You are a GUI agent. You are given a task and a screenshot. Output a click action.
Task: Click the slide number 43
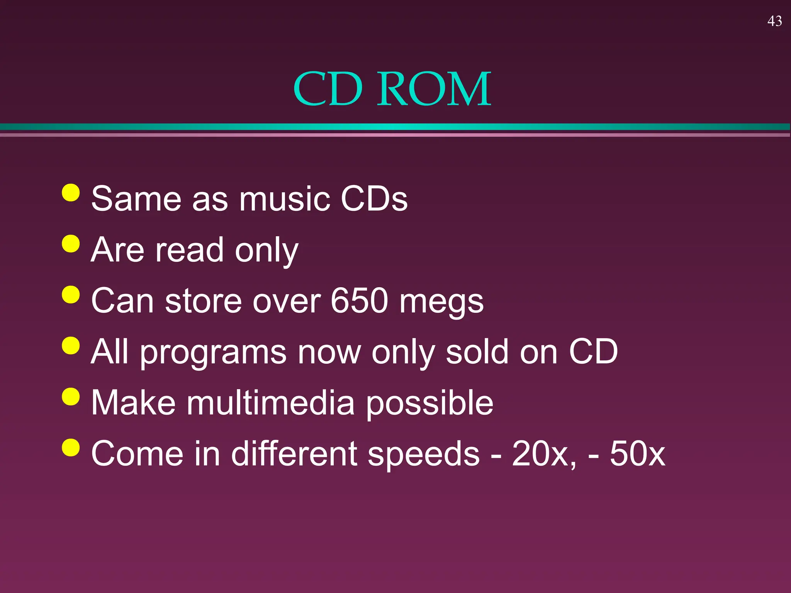pos(775,21)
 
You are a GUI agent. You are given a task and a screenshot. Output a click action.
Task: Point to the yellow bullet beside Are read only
pos(71,244)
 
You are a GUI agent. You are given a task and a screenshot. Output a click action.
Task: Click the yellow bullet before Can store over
pos(71,295)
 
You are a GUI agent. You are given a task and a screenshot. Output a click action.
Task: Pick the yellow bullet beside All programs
pos(71,346)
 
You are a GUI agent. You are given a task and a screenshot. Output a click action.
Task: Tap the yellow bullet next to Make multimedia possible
pos(71,396)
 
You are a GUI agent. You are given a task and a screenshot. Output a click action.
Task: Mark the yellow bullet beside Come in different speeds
pos(71,447)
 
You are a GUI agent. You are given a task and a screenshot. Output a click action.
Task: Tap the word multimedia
pos(271,402)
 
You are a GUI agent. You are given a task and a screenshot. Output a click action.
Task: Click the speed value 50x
pos(638,454)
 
